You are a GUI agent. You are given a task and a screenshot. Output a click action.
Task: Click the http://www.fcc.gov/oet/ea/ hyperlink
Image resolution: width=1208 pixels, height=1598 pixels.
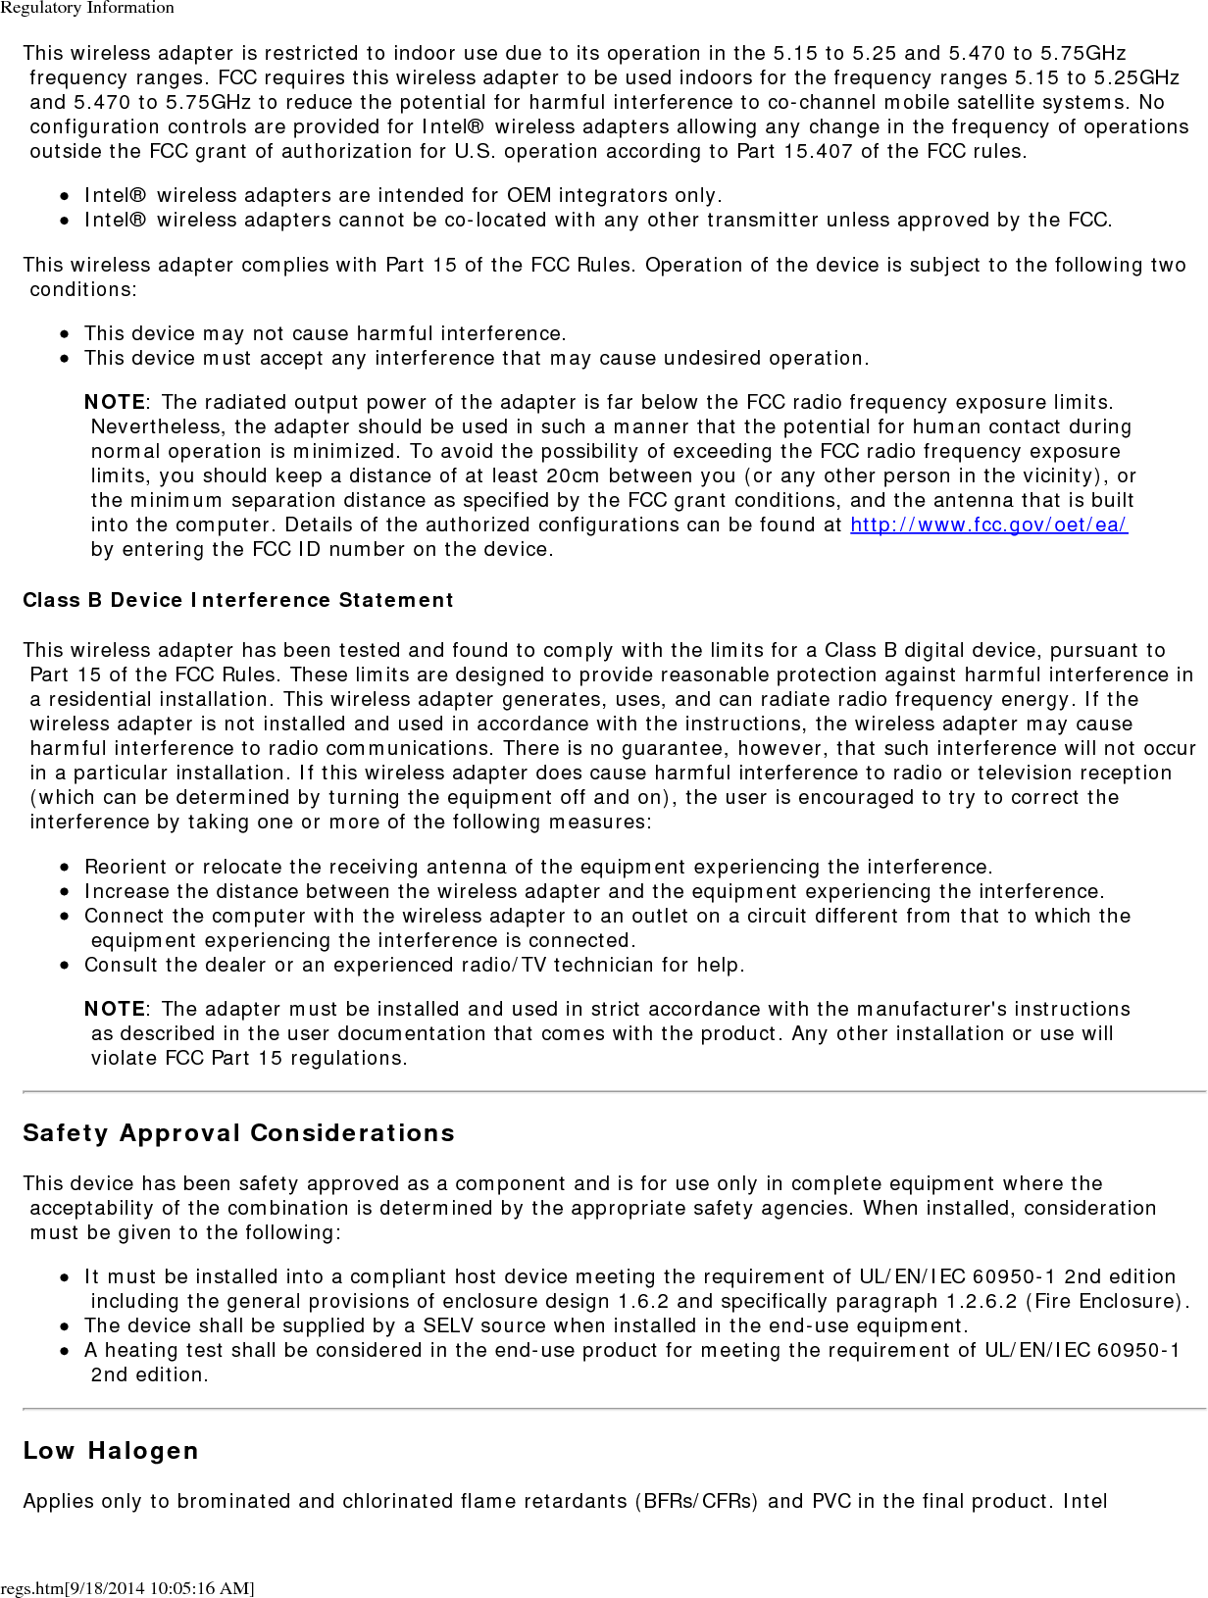click(988, 524)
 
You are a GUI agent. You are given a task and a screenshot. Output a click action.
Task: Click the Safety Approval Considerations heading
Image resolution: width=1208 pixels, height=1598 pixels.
click(238, 1133)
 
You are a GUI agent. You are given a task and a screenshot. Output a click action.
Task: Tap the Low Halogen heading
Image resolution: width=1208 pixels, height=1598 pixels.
click(111, 1451)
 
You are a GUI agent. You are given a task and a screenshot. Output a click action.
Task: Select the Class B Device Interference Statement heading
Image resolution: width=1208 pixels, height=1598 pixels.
click(238, 600)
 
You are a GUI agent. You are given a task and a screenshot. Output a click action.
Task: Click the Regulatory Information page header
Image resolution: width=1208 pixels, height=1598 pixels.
click(87, 8)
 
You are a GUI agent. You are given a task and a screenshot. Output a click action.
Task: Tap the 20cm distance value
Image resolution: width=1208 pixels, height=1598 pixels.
click(574, 475)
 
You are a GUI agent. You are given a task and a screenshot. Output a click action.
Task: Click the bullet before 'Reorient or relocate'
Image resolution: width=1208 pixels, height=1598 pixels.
click(64, 867)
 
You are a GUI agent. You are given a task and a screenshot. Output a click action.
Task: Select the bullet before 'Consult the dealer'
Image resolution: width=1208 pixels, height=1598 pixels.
click(64, 965)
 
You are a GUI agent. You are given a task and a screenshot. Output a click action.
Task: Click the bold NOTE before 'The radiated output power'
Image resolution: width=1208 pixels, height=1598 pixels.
click(115, 402)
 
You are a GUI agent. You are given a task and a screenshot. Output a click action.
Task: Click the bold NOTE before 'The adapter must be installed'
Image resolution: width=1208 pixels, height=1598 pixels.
click(115, 1009)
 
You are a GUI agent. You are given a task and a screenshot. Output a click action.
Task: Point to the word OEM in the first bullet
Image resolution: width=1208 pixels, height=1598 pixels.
click(529, 195)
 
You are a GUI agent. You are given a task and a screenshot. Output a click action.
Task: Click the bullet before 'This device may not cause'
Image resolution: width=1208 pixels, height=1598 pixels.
click(64, 333)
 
